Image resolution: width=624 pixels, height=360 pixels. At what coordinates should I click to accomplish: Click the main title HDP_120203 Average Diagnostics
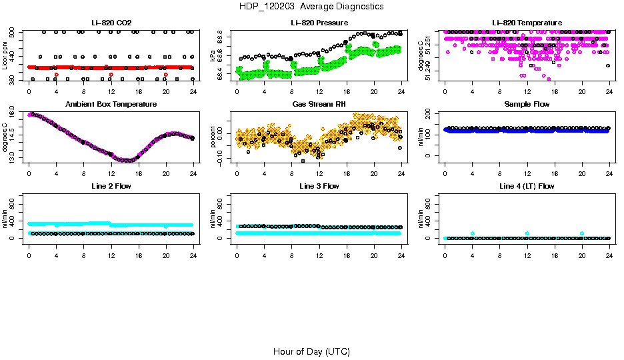click(x=311, y=6)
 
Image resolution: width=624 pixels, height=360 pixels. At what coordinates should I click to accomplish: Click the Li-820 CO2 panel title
click(x=111, y=23)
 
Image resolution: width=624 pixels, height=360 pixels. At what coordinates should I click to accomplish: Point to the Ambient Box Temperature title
click(x=111, y=104)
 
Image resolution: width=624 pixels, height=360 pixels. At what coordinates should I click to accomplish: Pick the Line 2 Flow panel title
click(x=111, y=186)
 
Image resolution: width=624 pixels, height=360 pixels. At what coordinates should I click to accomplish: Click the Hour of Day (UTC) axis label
click(x=311, y=351)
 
